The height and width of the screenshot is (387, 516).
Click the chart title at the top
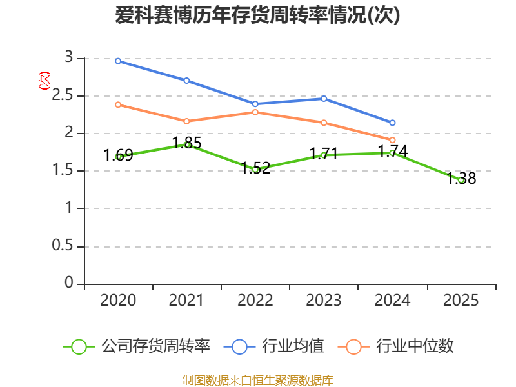257,15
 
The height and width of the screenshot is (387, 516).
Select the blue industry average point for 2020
118,61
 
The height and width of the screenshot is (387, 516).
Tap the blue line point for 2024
392,123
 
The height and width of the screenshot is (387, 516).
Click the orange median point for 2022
255,112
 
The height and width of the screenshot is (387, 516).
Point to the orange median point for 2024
392,140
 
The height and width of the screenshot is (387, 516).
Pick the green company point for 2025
461,180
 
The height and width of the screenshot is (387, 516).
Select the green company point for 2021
187,144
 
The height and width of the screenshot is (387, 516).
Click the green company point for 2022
255,170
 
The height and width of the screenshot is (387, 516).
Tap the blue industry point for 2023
324,99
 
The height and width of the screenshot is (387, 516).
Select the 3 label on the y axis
69,58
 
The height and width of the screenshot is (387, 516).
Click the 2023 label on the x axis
324,301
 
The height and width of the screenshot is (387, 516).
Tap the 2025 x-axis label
461,301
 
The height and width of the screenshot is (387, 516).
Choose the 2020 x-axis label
118,301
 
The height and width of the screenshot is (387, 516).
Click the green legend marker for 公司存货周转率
79,346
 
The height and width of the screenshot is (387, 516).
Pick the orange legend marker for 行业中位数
353,346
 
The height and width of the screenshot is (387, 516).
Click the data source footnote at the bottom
257,380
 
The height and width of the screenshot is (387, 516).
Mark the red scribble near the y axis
44,81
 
